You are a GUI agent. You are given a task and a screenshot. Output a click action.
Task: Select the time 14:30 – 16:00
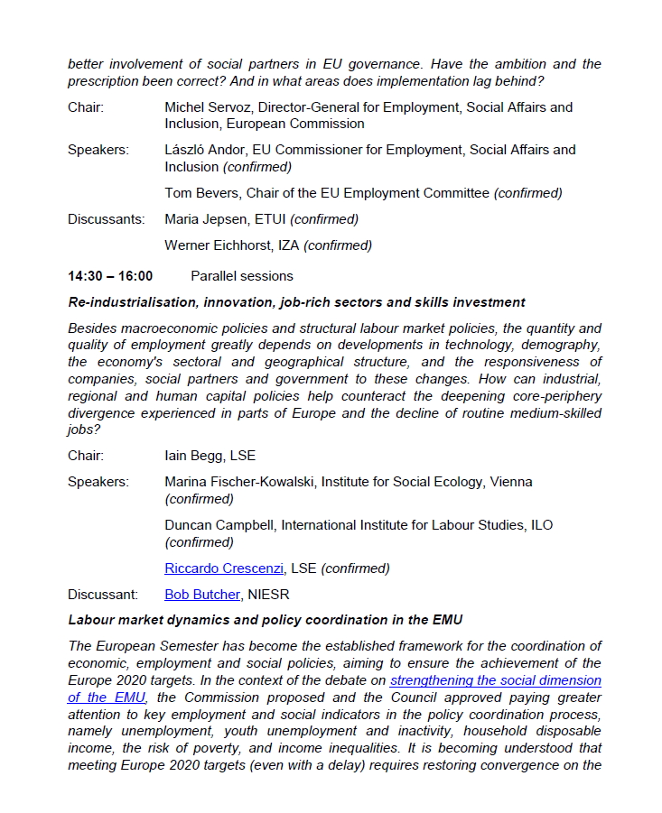tap(110, 276)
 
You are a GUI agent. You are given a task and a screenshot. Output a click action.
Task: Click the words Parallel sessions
tap(242, 276)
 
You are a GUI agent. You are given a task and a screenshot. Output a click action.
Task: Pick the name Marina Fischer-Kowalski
tap(238, 482)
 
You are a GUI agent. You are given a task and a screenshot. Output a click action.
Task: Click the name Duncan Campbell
tap(219, 525)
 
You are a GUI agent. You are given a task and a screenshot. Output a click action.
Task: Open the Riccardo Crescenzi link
tap(225, 568)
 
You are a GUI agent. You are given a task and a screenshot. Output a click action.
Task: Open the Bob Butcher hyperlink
tap(202, 595)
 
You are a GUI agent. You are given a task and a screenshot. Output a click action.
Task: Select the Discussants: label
tap(106, 219)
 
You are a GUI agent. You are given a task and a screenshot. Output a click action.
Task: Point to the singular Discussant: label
tap(103, 595)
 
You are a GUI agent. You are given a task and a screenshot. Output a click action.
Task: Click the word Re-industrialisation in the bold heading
tap(133, 302)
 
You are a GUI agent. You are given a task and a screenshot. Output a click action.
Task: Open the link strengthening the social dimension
tap(496, 680)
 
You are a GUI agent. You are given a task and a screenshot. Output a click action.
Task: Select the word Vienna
tap(511, 482)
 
